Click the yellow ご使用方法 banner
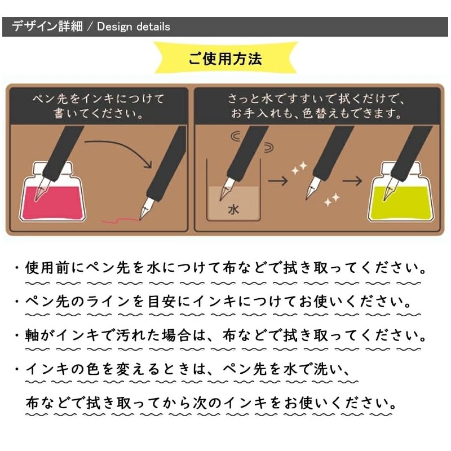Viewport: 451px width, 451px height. (225, 59)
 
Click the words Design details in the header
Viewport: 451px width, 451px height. (134, 26)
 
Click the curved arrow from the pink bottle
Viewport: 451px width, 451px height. (121, 150)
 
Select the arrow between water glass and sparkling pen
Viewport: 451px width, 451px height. (277, 182)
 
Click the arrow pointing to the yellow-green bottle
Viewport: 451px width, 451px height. (353, 182)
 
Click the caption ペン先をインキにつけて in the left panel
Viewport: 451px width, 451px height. (99, 99)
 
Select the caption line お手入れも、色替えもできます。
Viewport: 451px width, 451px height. (316, 113)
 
